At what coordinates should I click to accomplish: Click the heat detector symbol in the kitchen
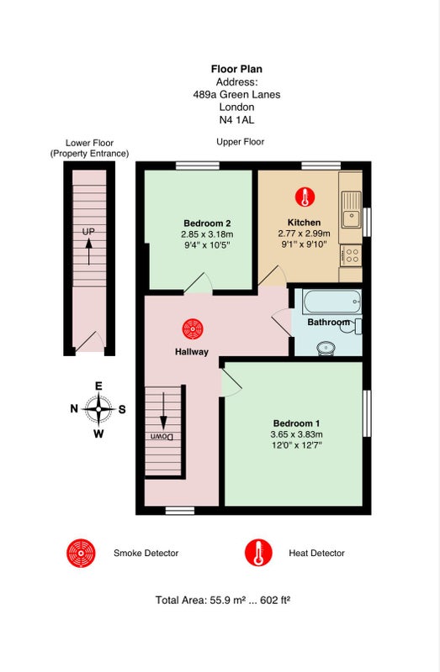(305, 197)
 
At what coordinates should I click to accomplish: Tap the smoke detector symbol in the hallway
(193, 329)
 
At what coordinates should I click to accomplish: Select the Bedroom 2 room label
(207, 223)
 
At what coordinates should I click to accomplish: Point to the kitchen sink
(352, 209)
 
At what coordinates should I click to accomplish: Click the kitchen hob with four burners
(351, 255)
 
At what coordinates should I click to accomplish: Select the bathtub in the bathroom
(332, 302)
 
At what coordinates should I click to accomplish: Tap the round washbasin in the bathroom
(326, 348)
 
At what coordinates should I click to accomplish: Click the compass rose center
(98, 409)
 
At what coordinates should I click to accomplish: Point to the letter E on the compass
(98, 386)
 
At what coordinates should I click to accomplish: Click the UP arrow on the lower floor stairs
(89, 251)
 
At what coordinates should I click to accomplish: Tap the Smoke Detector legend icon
(81, 553)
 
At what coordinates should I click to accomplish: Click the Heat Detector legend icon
(258, 553)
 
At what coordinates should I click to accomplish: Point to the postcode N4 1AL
(236, 120)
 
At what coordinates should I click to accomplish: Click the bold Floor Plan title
(236, 69)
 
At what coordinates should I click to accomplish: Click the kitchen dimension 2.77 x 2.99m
(304, 234)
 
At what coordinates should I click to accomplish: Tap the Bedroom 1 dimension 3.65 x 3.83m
(297, 434)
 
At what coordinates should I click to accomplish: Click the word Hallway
(192, 352)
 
